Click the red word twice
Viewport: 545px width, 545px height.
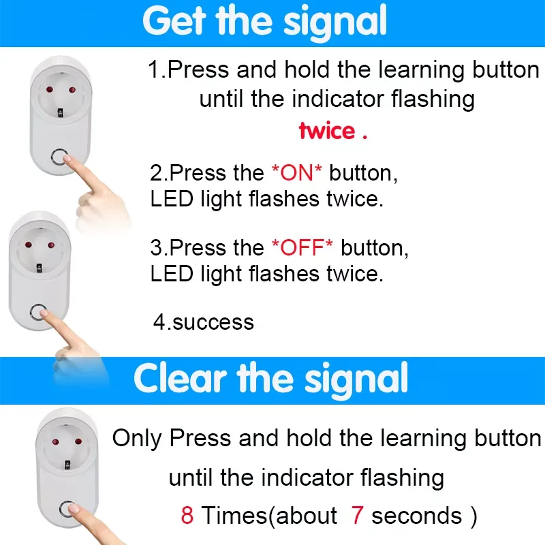tap(327, 131)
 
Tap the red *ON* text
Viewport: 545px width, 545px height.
tap(296, 172)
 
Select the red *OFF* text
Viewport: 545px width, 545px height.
tap(302, 247)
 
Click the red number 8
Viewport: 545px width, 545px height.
tap(187, 515)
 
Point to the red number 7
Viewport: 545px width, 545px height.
tap(357, 515)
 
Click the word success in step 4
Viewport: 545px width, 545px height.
tap(213, 322)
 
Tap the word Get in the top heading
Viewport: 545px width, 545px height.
tap(174, 21)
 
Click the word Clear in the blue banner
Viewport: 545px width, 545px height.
tap(180, 379)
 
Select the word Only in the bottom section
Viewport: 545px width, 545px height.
tap(137, 438)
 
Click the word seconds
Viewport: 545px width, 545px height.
tap(417, 515)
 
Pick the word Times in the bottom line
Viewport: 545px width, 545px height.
tap(234, 515)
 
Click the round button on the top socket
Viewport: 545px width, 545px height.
tap(59, 157)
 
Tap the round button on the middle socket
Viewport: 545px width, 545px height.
tap(38, 312)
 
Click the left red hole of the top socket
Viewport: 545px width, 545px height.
tap(49, 90)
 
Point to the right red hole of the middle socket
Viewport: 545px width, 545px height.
tap(51, 245)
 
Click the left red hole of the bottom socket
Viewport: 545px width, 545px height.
tap(56, 442)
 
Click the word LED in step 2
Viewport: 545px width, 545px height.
tap(172, 199)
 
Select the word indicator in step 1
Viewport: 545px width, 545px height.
tap(337, 99)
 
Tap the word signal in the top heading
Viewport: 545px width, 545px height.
tap(334, 23)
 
